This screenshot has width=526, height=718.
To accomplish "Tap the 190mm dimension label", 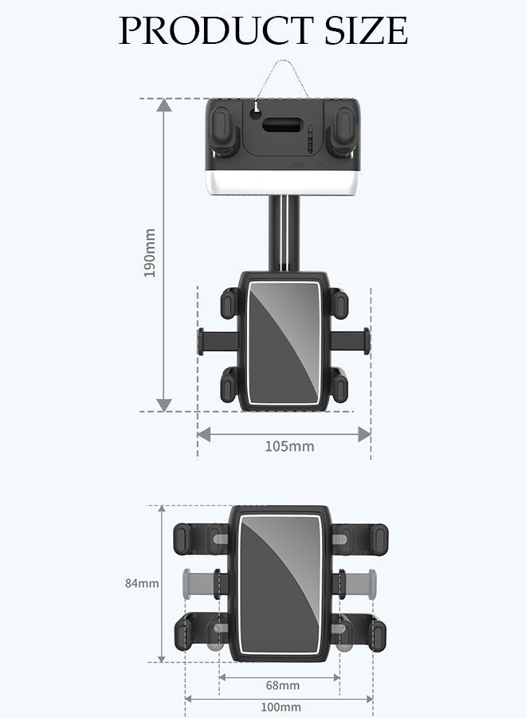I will tap(149, 253).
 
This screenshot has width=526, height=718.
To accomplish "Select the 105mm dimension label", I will tap(289, 446).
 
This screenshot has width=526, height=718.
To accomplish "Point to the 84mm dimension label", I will tap(141, 583).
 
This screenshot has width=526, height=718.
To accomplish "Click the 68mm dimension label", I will tap(282, 684).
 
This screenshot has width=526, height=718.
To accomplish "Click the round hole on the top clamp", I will tap(255, 113).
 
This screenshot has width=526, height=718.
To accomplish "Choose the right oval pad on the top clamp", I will tap(343, 125).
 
